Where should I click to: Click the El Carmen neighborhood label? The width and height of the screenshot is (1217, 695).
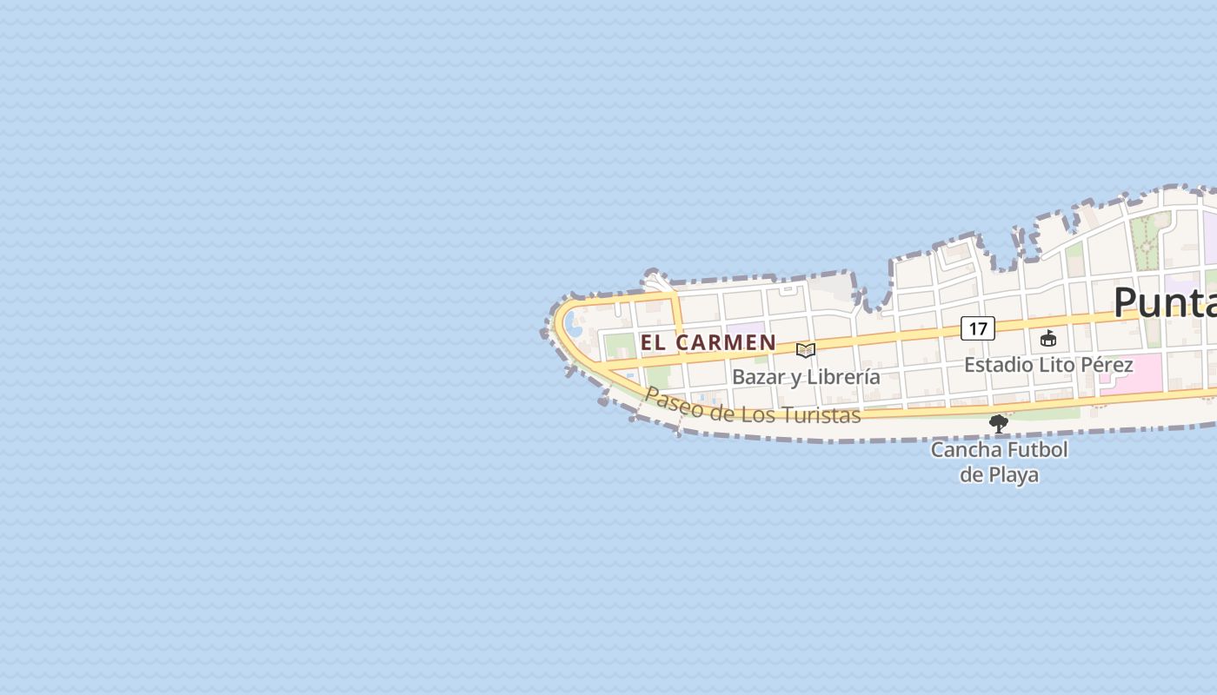[x=708, y=342]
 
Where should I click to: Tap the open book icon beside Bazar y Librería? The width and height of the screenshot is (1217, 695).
[x=806, y=350]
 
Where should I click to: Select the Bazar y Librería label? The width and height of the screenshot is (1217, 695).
[x=806, y=377]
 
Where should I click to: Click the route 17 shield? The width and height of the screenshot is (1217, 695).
[x=978, y=328]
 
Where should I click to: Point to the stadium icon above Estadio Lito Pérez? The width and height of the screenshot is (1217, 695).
[x=1048, y=338]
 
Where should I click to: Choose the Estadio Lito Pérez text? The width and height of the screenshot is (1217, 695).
[x=1048, y=365]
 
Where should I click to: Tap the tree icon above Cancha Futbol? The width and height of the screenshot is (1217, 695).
[x=999, y=424]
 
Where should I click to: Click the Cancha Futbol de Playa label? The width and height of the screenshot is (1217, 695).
[x=999, y=462]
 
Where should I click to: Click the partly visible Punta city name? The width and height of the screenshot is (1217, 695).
[x=1165, y=302]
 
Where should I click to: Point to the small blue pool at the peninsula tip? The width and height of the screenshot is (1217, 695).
[x=574, y=326]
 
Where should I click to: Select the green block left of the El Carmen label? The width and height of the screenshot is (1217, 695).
[x=620, y=345]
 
